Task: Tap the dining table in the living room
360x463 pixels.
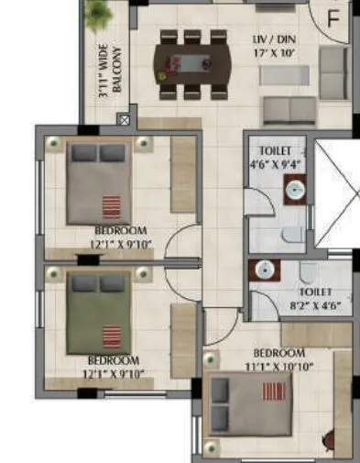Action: (x=192, y=64)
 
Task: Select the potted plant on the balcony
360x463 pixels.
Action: (x=97, y=15)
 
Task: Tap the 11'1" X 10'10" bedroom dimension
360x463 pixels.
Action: (x=278, y=365)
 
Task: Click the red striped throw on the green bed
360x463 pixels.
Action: (x=111, y=334)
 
